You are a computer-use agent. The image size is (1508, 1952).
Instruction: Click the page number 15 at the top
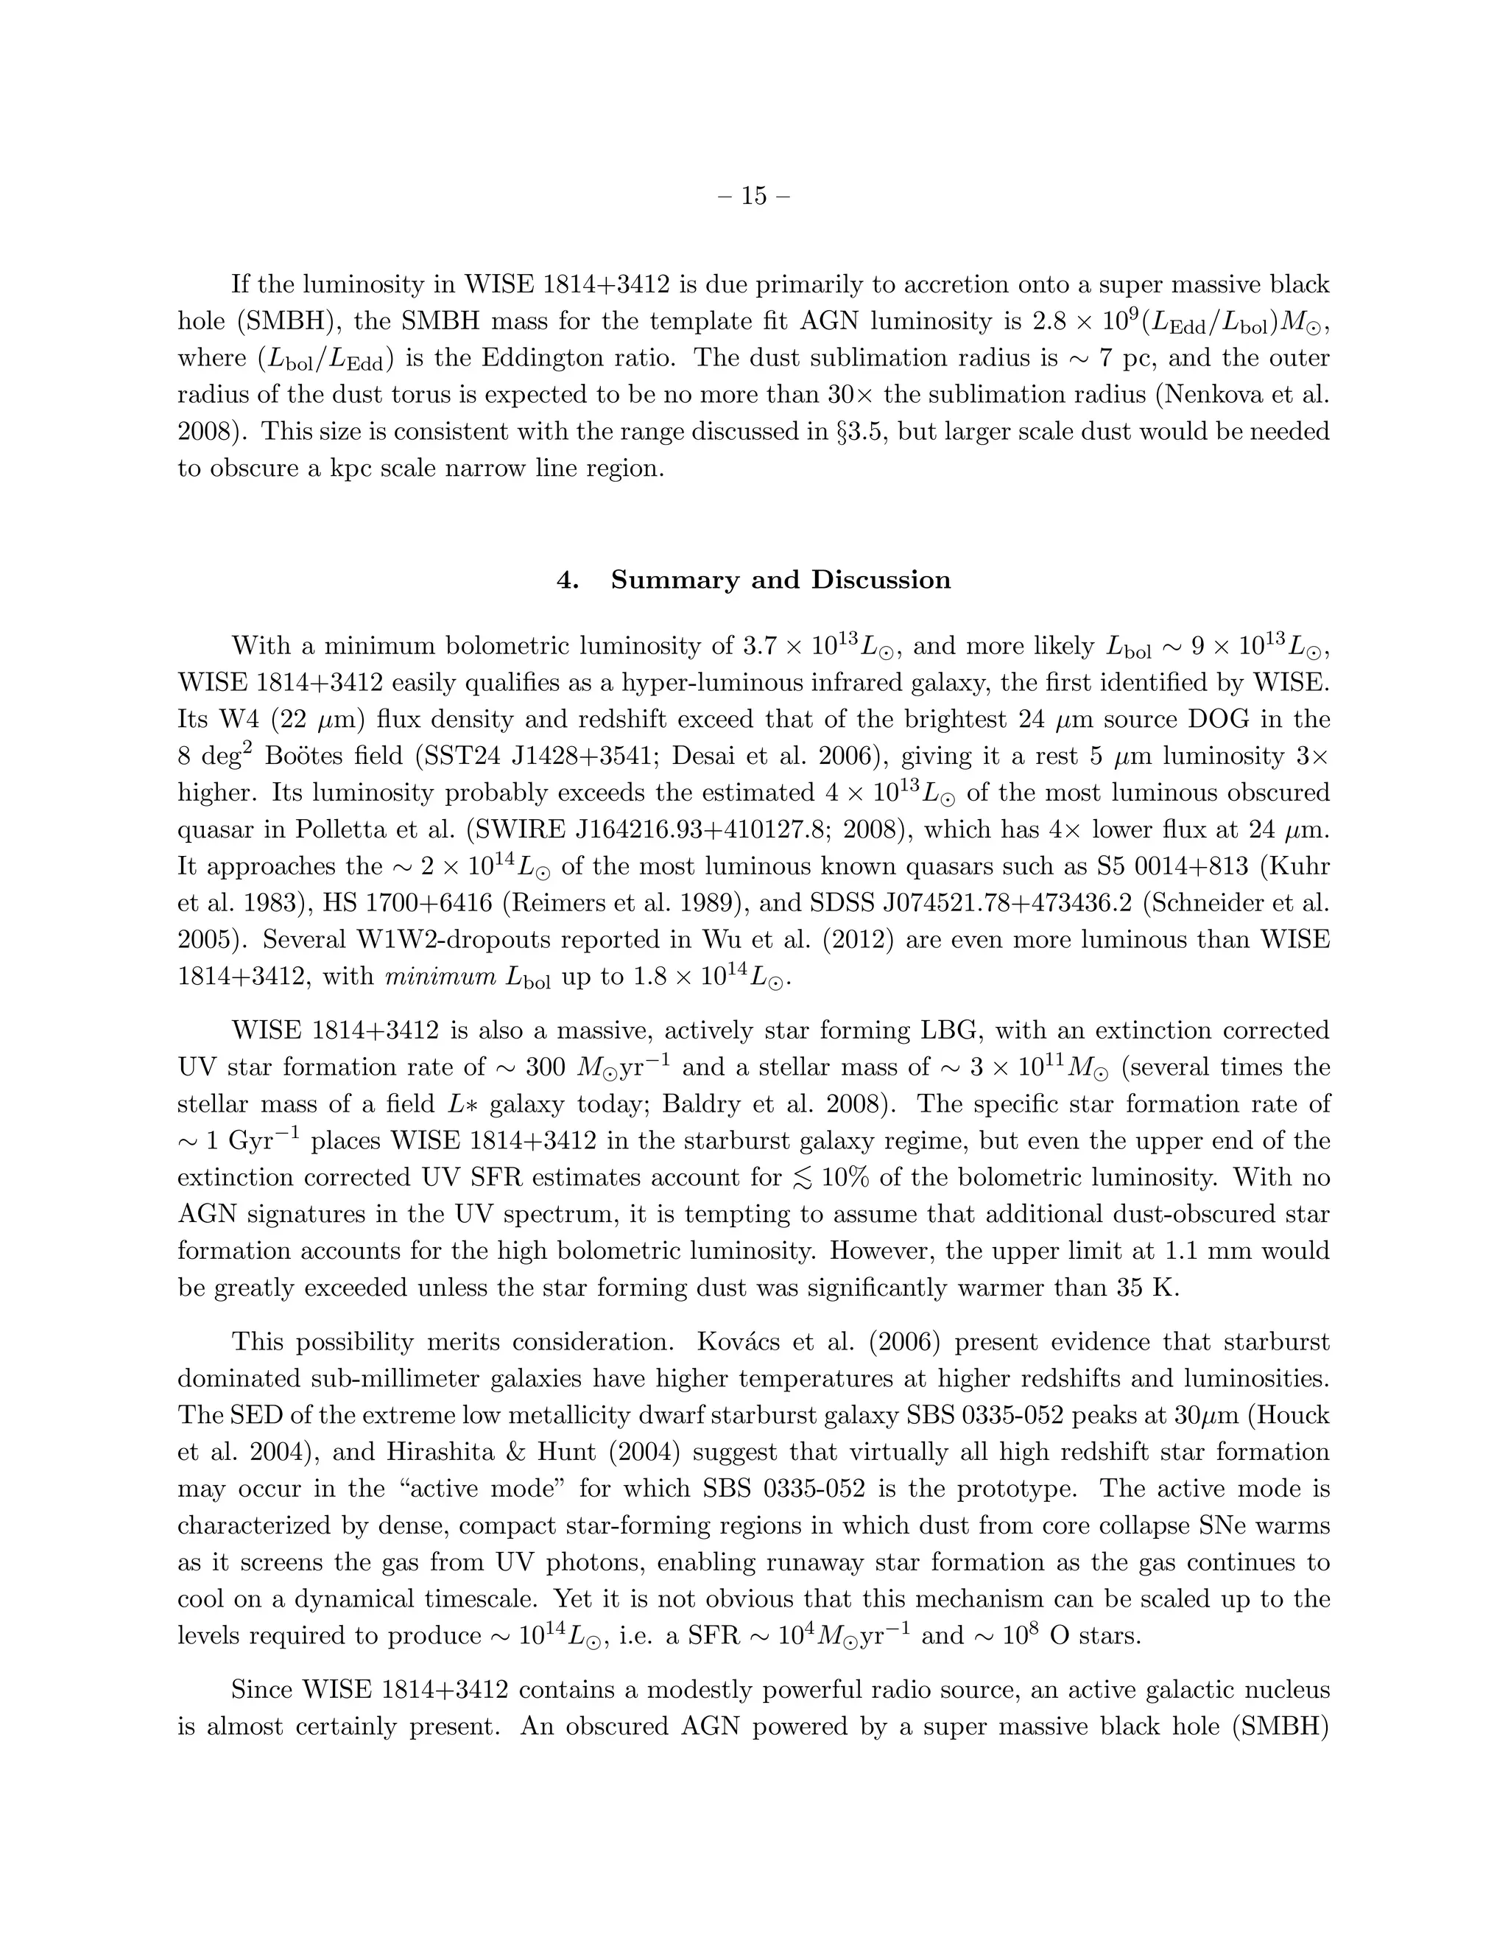(753, 196)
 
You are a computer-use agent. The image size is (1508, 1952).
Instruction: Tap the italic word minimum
(440, 977)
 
